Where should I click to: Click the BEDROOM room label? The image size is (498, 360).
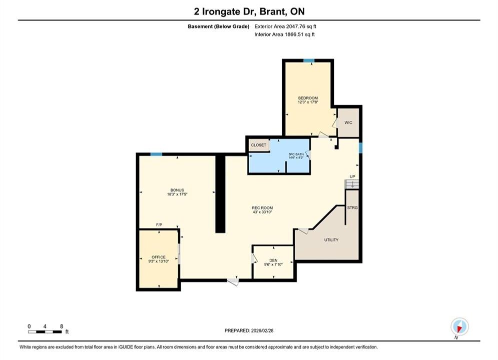tap(308, 98)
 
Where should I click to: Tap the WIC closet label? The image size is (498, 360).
tap(348, 122)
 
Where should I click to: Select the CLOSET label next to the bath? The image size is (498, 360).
tap(259, 145)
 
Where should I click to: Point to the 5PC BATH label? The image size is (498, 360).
tap(296, 154)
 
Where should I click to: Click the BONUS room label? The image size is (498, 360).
tap(177, 190)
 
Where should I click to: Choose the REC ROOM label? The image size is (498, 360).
tap(262, 208)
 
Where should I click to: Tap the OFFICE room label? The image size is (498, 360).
tap(159, 257)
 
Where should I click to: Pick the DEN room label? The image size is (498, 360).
tap(273, 260)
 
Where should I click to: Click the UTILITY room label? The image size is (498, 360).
tap(331, 240)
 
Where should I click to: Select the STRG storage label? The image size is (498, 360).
tap(352, 207)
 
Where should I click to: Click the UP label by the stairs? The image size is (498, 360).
tap(352, 176)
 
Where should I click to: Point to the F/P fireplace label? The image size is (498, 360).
tap(159, 224)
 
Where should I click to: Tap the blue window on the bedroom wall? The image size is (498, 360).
tap(309, 60)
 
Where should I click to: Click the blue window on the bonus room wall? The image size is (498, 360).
tap(156, 154)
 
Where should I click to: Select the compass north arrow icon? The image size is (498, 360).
tap(459, 326)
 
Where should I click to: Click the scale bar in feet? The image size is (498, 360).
tap(45, 332)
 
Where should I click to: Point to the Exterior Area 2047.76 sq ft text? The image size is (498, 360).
tap(285, 26)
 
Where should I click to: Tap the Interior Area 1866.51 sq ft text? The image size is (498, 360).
tap(285, 34)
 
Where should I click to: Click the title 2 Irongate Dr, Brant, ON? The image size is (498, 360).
tap(249, 11)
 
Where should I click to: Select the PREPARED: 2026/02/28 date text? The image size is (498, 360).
tap(249, 330)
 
